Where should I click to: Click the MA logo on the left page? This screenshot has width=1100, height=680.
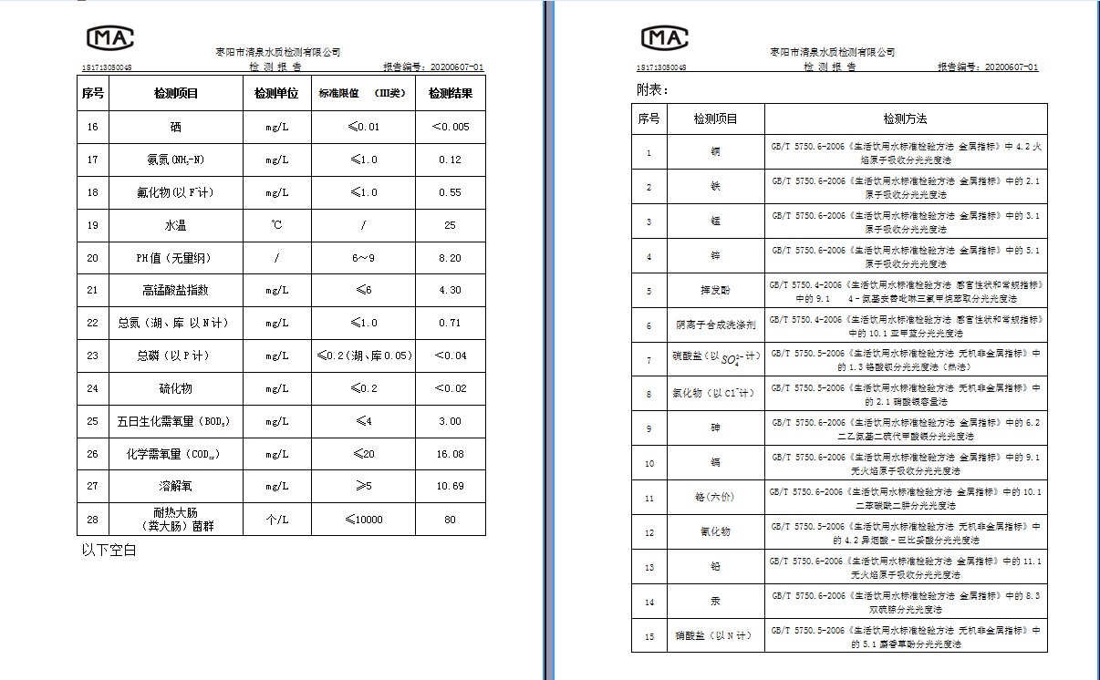pos(110,37)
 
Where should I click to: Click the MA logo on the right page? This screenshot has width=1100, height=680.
pos(664,37)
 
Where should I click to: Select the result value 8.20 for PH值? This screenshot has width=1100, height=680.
pos(450,258)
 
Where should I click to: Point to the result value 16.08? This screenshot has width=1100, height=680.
pos(450,454)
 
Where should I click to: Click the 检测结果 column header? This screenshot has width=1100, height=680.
pos(450,93)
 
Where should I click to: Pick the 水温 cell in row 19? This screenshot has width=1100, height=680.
pos(175,225)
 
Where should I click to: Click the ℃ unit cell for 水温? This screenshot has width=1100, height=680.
pos(276,225)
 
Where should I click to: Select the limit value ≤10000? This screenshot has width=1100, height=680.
pos(363,520)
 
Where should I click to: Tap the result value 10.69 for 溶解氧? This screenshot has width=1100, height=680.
pos(450,486)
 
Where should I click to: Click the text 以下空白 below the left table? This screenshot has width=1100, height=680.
pos(109,551)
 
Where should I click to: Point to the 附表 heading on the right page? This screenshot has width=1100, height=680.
pos(652,90)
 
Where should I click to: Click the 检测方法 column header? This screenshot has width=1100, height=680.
pos(905,119)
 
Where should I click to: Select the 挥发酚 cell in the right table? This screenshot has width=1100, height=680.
pos(715,292)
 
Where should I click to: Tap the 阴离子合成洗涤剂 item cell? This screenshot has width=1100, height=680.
pos(715,325)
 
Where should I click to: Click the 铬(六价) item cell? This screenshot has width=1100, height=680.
pos(715,498)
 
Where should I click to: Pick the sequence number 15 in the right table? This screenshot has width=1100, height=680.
pos(649,636)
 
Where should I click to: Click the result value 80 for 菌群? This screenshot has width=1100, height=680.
pos(450,520)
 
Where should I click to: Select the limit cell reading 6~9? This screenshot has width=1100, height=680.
pos(363,258)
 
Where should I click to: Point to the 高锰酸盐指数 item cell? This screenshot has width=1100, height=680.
pos(175,290)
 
